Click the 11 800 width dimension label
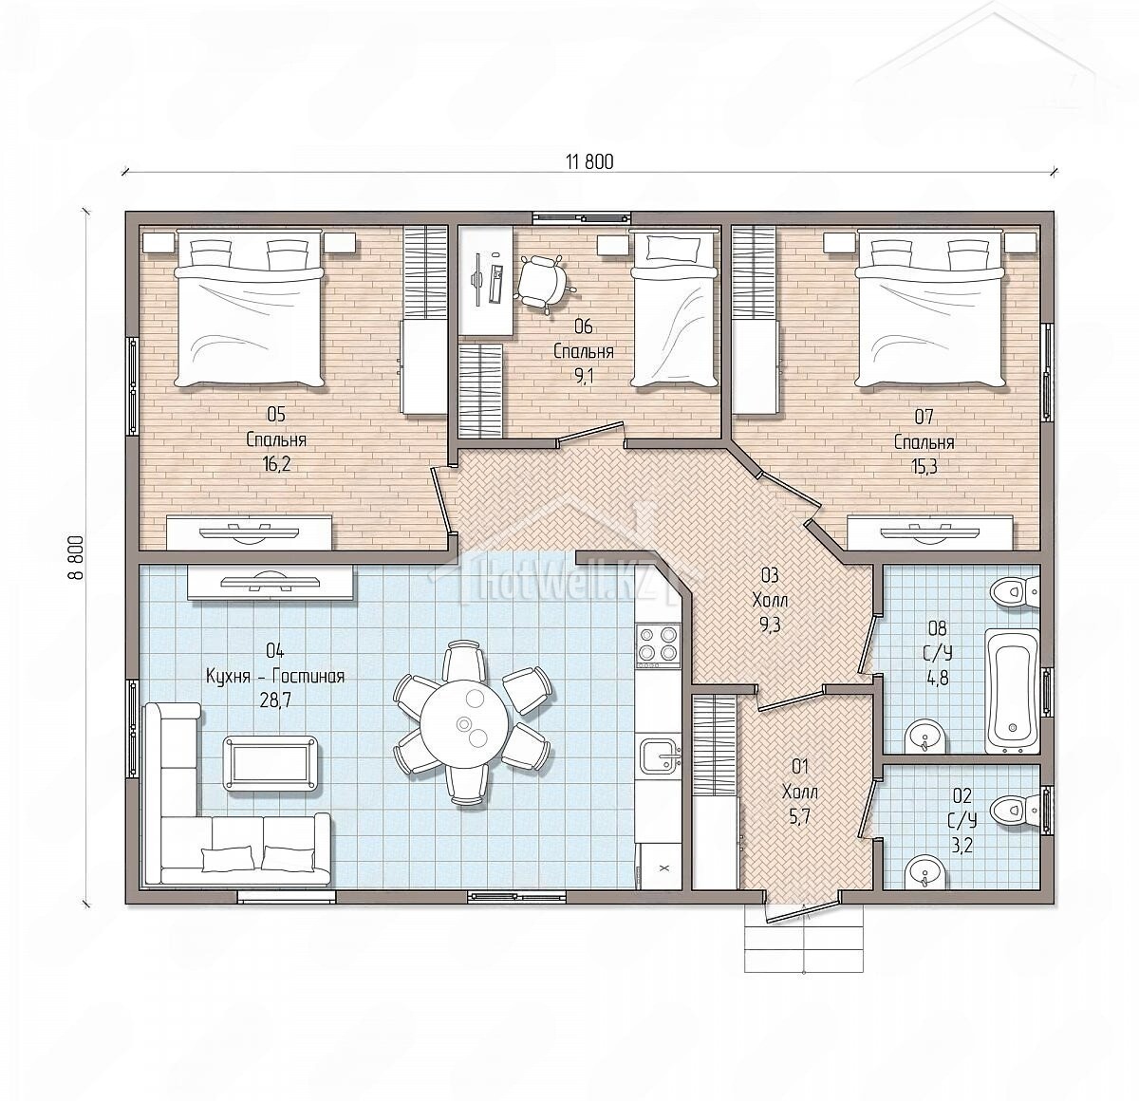click(590, 162)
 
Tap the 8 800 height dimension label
click(76, 557)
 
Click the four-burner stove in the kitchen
click(659, 646)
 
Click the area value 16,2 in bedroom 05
click(276, 465)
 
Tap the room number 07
click(924, 418)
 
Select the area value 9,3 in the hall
click(770, 625)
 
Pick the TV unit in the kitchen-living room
click(271, 581)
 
